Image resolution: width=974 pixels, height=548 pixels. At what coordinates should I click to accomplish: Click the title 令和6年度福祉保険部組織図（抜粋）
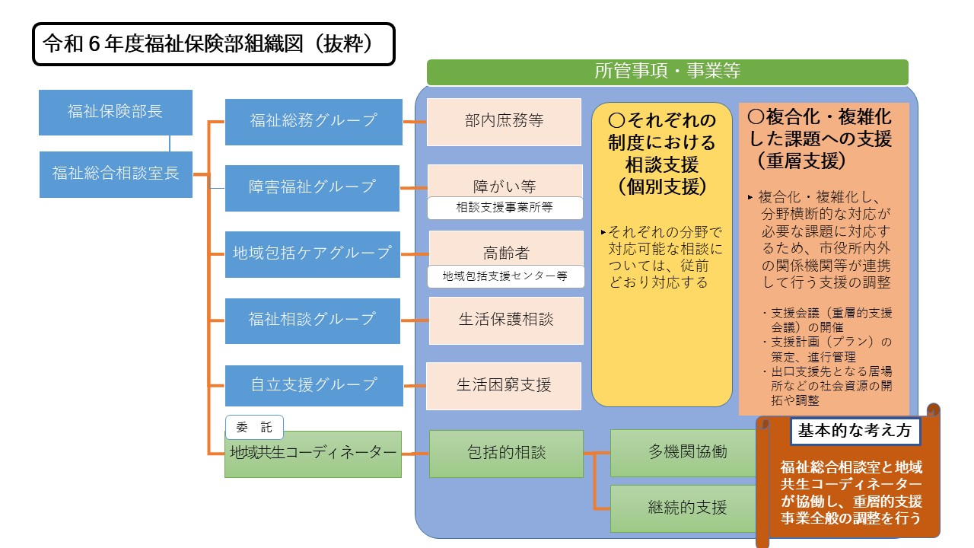(213, 44)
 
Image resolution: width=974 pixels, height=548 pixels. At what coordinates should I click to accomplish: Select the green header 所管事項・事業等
(667, 72)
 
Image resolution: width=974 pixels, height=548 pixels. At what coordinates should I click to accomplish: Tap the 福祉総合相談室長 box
(116, 174)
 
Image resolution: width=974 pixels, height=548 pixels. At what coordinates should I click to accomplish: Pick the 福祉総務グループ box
(314, 121)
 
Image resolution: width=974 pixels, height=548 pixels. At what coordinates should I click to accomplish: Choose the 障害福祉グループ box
(312, 187)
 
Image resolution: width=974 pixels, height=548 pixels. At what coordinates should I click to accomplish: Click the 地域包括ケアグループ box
(312, 253)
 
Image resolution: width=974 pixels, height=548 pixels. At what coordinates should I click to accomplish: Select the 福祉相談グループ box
(312, 320)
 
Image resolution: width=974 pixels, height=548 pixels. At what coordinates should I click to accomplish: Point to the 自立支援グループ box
(314, 385)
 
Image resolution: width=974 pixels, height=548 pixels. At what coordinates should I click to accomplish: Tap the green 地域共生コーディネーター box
(313, 454)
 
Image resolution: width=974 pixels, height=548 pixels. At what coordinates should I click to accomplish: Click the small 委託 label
(254, 428)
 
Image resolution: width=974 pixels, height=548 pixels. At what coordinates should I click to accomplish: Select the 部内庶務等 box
(504, 122)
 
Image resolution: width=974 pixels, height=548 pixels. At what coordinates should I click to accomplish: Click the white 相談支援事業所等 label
(505, 208)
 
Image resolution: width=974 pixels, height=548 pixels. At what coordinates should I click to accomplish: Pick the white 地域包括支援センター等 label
(505, 276)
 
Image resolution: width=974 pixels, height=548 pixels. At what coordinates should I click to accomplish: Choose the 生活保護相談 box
(506, 320)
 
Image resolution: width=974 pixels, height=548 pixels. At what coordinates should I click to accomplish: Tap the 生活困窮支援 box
(504, 386)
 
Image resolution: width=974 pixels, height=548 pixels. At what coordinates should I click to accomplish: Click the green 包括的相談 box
(506, 453)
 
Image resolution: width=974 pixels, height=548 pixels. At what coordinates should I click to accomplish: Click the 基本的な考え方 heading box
(854, 431)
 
